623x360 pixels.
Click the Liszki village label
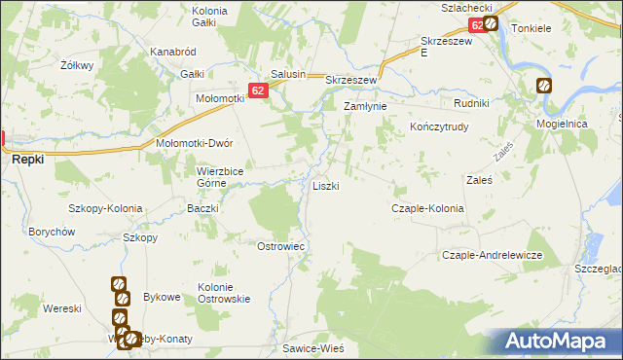(x=325, y=185)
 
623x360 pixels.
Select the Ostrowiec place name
(x=280, y=246)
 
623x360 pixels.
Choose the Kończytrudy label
(x=439, y=126)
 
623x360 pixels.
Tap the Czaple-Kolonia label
(x=426, y=208)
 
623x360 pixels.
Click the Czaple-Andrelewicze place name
(x=492, y=254)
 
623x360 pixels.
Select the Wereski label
(x=61, y=307)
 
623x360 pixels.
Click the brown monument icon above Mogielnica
(x=543, y=86)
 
